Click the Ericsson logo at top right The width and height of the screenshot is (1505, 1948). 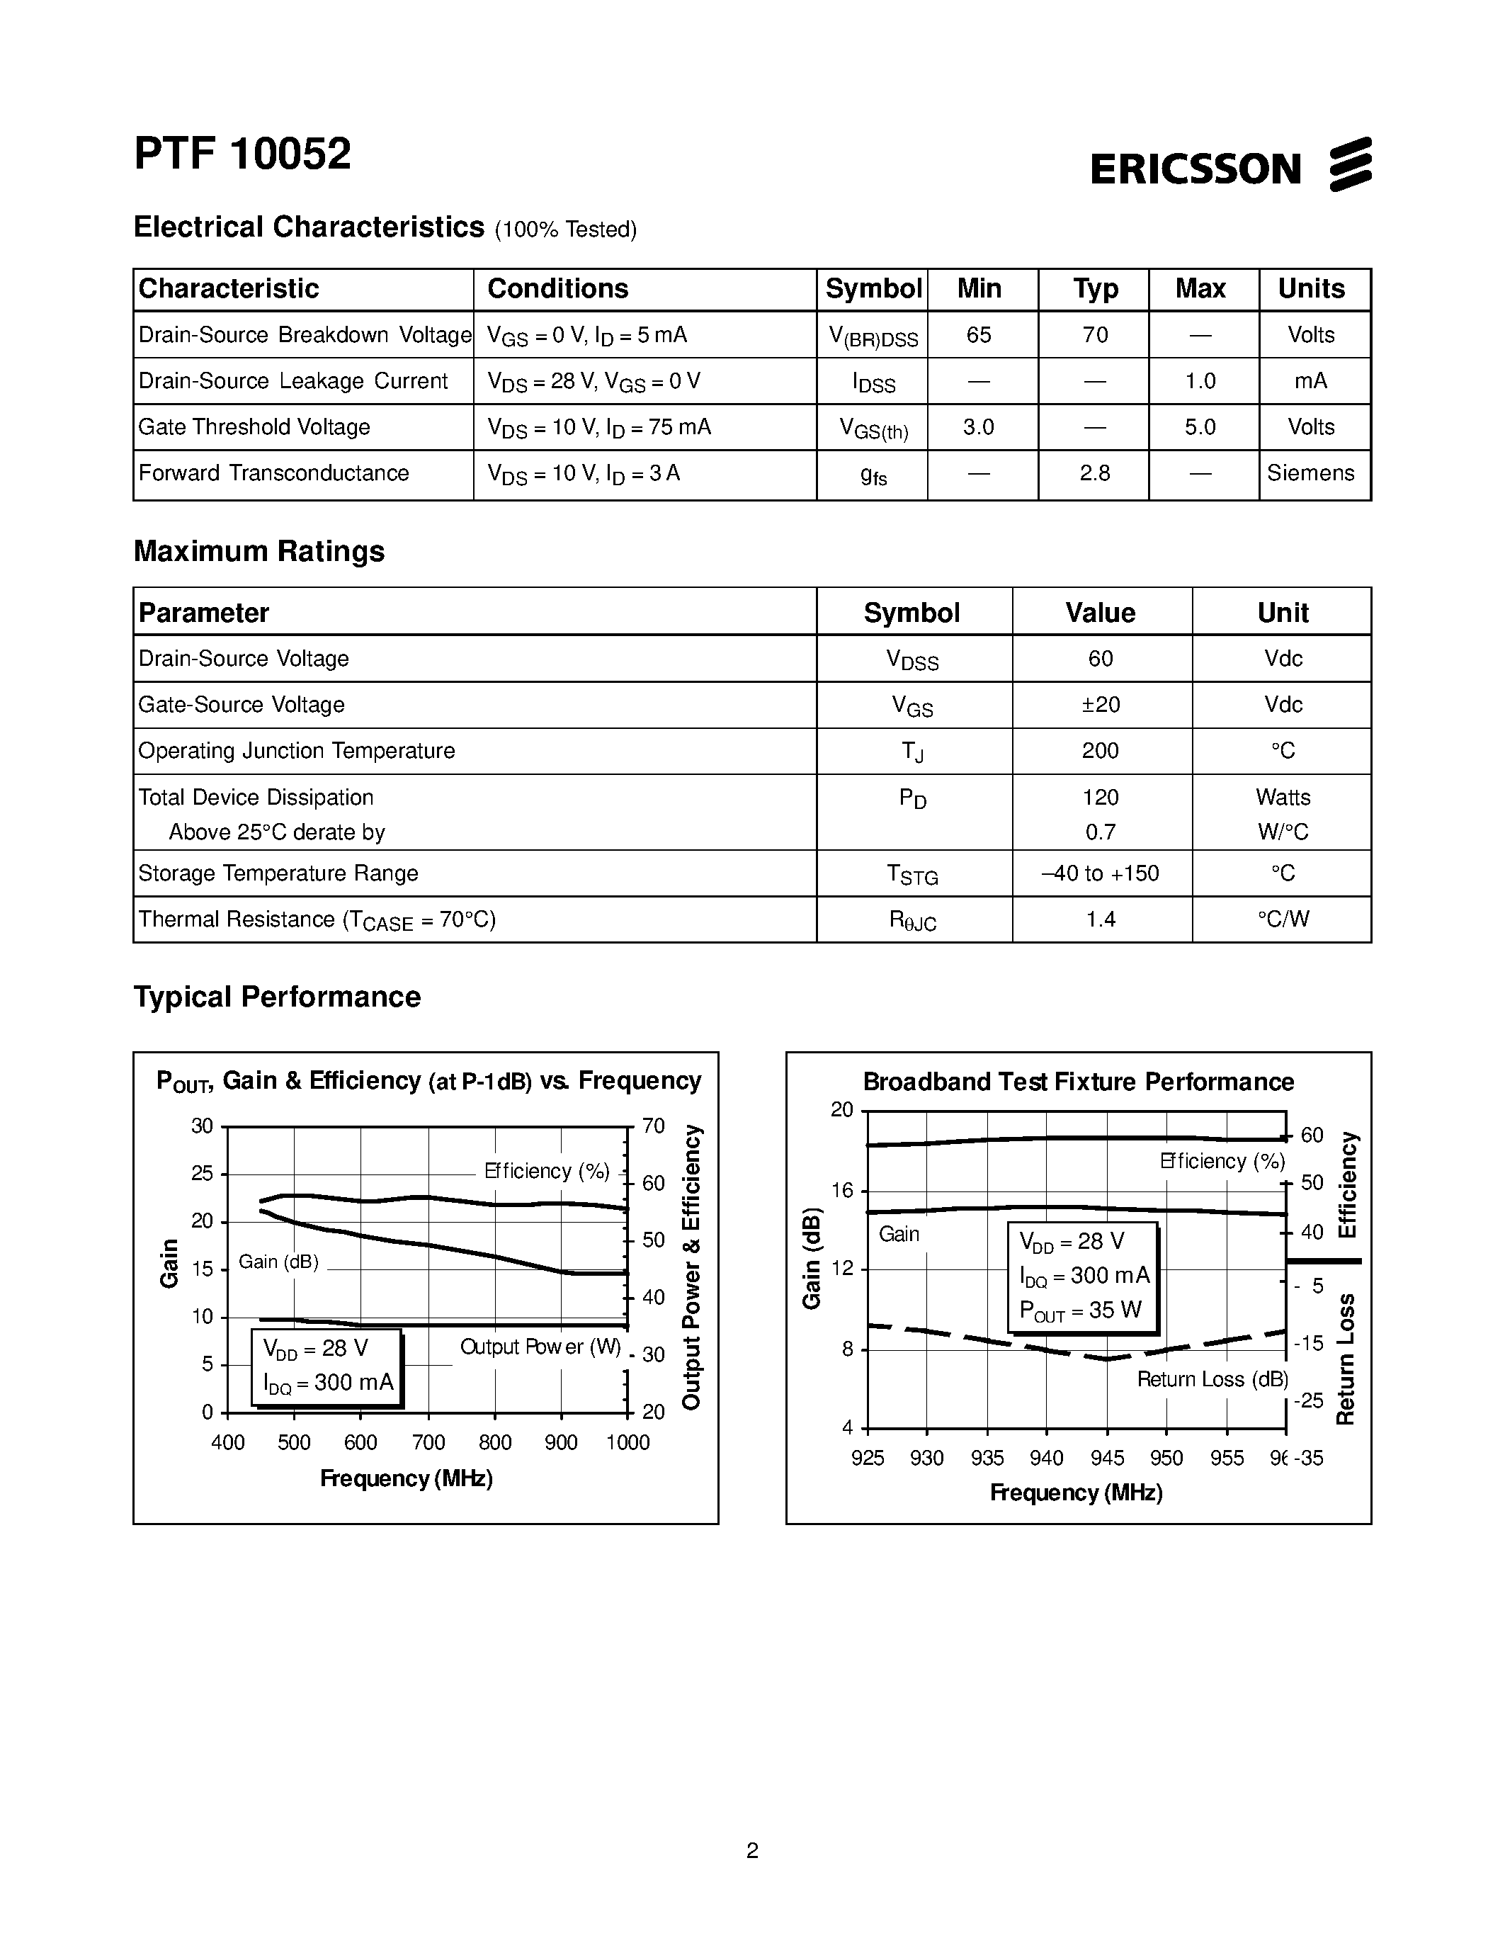(1230, 166)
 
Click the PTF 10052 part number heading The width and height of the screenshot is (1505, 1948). (242, 154)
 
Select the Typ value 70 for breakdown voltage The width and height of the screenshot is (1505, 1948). (1095, 335)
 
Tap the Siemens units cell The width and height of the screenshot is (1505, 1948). (1311, 474)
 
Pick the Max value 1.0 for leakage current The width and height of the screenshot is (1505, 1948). (1200, 382)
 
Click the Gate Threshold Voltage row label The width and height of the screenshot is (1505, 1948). (254, 427)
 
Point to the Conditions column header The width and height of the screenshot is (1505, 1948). (557, 289)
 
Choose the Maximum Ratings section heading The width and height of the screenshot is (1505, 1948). (259, 551)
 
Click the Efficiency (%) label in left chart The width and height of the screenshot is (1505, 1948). (547, 1171)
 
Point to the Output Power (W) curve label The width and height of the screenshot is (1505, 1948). (540, 1347)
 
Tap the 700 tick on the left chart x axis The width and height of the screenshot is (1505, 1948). (428, 1443)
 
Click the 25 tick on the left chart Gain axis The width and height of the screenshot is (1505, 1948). (203, 1174)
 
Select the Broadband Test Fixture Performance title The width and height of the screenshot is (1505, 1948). (1078, 1082)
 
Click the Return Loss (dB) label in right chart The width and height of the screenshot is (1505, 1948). (1212, 1380)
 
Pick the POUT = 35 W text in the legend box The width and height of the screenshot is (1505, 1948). (1081, 1310)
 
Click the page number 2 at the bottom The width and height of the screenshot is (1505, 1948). (752, 1851)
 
